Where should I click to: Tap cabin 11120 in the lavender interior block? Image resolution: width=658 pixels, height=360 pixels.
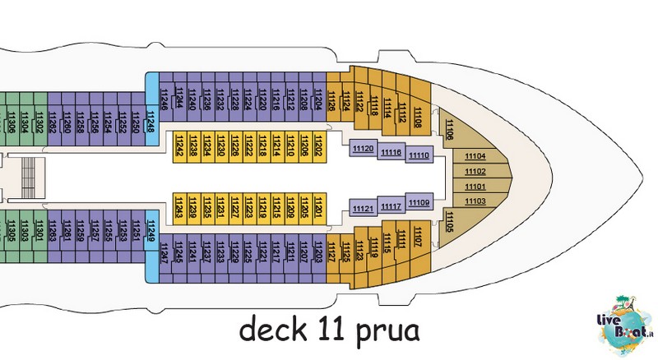(x=362, y=149)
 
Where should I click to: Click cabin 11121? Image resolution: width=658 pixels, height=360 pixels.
(x=362, y=210)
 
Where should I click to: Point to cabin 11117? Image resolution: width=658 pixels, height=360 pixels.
(x=391, y=206)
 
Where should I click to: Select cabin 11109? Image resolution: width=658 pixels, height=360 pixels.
(x=419, y=202)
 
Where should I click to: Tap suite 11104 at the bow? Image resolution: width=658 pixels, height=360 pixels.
(x=475, y=157)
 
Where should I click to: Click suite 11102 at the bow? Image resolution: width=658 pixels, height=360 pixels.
(x=475, y=172)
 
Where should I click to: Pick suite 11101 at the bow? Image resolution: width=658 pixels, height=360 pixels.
(x=475, y=187)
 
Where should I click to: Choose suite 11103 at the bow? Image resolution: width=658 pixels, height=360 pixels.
(x=475, y=201)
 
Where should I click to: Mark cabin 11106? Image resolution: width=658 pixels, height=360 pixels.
(x=449, y=129)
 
